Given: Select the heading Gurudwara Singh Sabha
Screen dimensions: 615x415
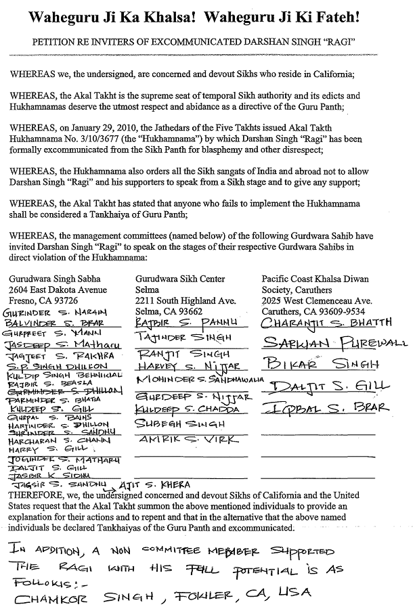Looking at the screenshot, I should point(54,279).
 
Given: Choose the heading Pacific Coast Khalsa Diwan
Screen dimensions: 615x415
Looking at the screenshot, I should point(315,279).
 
